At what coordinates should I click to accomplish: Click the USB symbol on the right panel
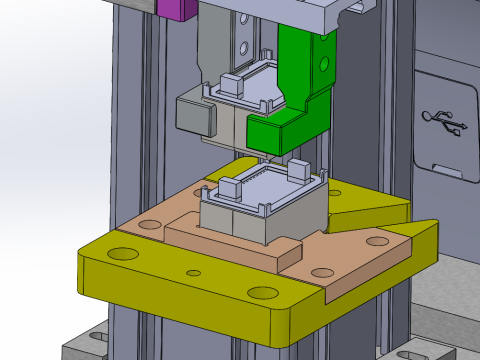pyautogui.click(x=443, y=122)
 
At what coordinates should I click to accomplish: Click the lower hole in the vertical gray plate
pyautogui.click(x=243, y=46)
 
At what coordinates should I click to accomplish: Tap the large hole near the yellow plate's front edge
pyautogui.click(x=263, y=292)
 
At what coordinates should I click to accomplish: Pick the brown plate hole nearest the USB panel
pyautogui.click(x=377, y=241)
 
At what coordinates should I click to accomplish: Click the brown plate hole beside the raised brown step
pyautogui.click(x=322, y=272)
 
